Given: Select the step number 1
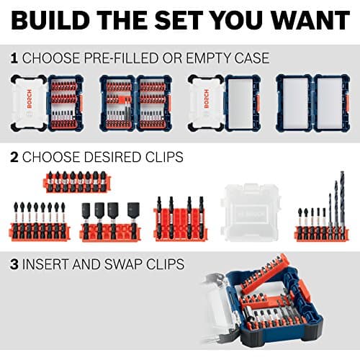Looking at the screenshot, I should [x=14, y=57].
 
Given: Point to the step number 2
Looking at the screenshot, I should [x=14, y=156].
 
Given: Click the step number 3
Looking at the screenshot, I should [x=14, y=264].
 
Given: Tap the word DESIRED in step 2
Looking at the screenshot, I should [x=104, y=156].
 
